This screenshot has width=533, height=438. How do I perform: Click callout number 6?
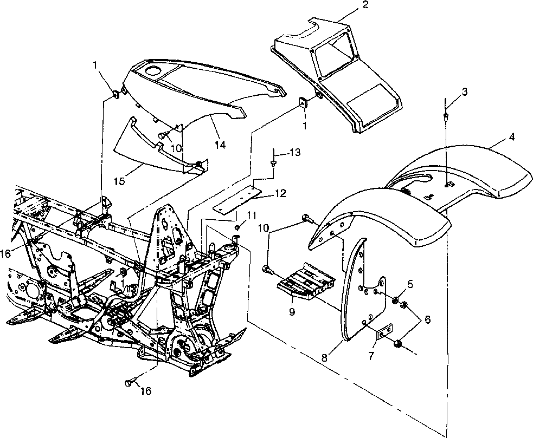[428, 320]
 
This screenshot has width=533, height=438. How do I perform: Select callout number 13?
[294, 153]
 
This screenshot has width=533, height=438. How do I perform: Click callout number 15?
[121, 180]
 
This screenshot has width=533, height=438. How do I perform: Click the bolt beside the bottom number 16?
[129, 383]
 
